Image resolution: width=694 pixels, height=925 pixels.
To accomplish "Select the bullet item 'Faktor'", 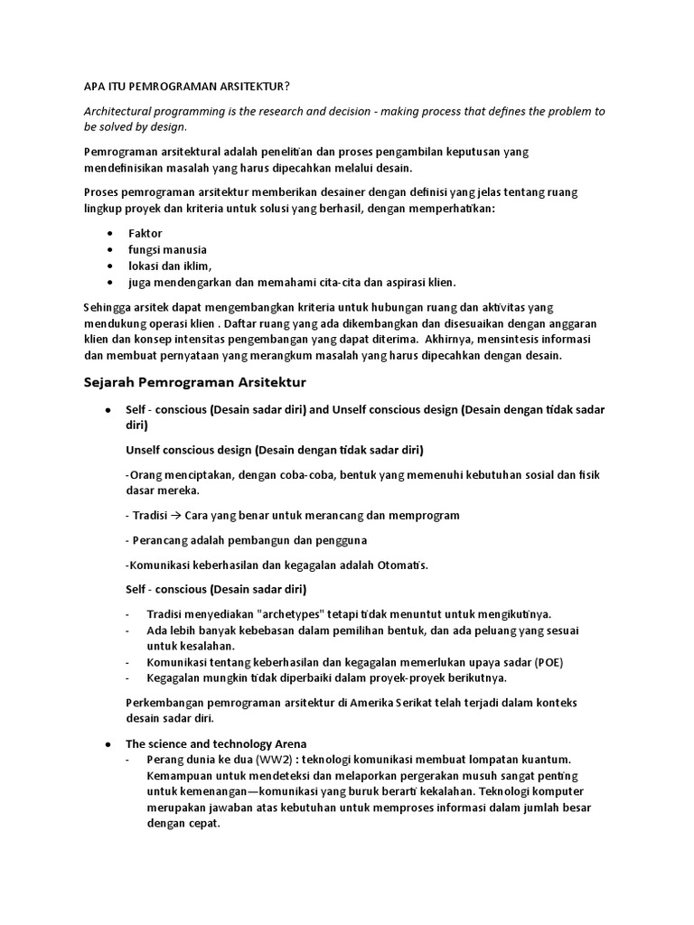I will (x=145, y=233).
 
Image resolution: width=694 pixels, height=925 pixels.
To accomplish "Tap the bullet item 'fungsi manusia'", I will (x=167, y=249).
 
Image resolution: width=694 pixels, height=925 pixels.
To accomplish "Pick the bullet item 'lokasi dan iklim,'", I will (x=170, y=266).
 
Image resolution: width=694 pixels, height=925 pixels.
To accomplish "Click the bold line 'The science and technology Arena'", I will (x=216, y=743).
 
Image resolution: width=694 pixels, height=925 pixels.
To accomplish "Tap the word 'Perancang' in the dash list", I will (x=161, y=540).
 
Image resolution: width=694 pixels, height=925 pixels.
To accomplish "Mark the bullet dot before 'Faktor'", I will (x=109, y=234).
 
